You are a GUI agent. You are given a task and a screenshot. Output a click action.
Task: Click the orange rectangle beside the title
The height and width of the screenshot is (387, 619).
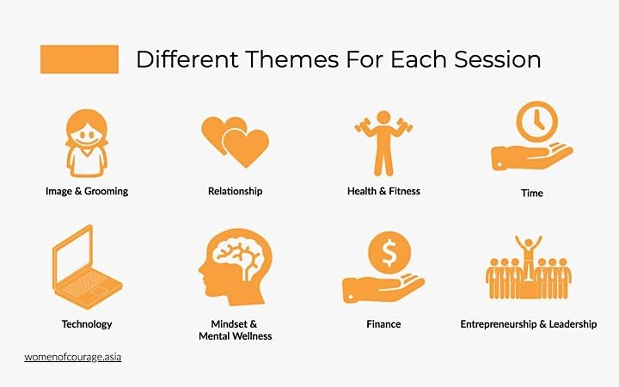click(79, 59)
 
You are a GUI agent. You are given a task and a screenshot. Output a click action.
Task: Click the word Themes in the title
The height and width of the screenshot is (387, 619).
click(291, 59)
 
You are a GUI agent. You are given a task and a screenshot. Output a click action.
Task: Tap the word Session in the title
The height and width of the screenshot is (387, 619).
click(498, 59)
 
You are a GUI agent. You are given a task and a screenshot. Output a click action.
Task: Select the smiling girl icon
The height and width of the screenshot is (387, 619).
click(87, 143)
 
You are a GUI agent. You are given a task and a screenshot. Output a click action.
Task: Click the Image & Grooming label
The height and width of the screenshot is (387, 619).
click(87, 191)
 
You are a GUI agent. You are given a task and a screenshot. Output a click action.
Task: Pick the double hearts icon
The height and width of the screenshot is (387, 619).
click(236, 142)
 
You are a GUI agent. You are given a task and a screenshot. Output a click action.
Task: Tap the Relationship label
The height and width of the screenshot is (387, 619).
click(236, 191)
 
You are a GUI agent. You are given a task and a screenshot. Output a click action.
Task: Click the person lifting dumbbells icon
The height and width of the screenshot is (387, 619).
click(383, 143)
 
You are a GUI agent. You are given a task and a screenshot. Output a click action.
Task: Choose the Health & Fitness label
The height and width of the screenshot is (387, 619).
click(383, 191)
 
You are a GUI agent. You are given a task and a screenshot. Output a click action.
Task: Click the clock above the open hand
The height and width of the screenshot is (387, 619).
click(536, 121)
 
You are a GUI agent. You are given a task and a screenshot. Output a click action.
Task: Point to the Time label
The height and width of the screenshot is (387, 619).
click(532, 193)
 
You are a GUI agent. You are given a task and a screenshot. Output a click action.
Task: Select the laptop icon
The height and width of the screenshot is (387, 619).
click(87, 267)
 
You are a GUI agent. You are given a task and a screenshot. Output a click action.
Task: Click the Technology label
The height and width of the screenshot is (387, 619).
click(87, 324)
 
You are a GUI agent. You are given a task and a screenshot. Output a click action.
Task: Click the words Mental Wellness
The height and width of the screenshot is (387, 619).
click(236, 336)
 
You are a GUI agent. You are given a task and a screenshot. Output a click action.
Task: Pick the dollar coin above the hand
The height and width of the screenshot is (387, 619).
click(389, 253)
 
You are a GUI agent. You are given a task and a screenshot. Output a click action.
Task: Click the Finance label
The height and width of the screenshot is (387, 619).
click(383, 324)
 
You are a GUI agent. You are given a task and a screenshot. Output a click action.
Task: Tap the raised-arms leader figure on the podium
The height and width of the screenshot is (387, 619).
click(529, 256)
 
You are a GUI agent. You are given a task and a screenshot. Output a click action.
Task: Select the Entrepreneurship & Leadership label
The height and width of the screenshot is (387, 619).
click(529, 324)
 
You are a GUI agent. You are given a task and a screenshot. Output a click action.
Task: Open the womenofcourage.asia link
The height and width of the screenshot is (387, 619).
click(73, 357)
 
